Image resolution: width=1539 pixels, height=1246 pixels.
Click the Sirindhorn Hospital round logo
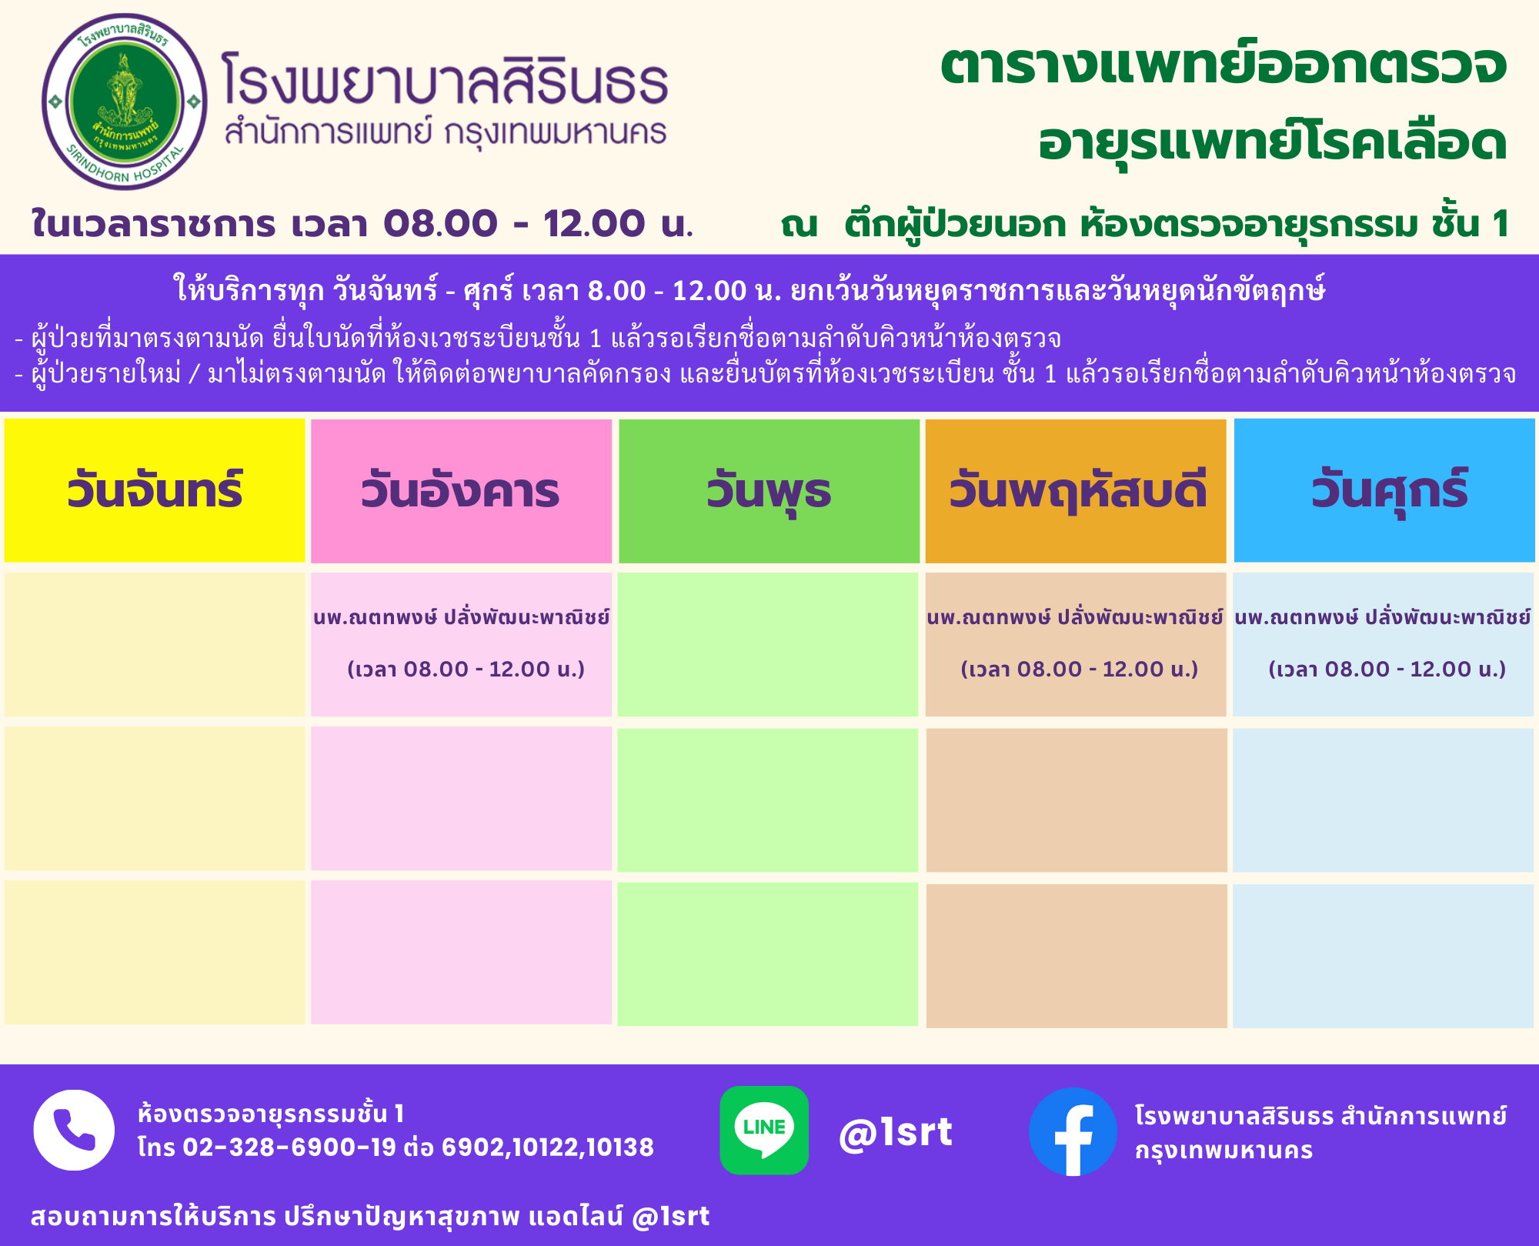(x=125, y=102)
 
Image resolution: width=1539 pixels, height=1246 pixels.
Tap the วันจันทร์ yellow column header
(x=155, y=490)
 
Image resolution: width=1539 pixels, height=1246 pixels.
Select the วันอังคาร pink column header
(x=461, y=491)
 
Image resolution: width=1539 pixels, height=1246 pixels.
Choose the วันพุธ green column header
(x=769, y=491)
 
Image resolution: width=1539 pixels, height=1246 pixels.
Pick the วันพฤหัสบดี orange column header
(x=1076, y=491)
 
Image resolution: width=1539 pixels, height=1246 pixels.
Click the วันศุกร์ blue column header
(x=1384, y=490)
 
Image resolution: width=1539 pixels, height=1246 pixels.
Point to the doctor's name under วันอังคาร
(x=462, y=617)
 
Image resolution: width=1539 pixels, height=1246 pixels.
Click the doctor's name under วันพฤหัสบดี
(x=1075, y=617)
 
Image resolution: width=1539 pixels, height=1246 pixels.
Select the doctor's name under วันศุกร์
(x=1383, y=617)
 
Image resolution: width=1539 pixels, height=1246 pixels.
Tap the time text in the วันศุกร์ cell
(x=1387, y=669)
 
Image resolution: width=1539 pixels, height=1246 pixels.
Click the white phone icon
(x=74, y=1130)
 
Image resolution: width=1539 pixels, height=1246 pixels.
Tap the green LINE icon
(x=764, y=1130)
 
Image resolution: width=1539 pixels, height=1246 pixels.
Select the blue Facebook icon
(x=1073, y=1131)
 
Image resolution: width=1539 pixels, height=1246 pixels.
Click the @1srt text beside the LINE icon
(x=896, y=1132)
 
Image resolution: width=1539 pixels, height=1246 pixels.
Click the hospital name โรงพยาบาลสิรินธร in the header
(x=445, y=79)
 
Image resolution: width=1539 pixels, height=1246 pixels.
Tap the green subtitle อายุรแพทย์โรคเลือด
(x=1272, y=142)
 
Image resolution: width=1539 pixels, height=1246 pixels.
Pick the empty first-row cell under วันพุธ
(x=768, y=645)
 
